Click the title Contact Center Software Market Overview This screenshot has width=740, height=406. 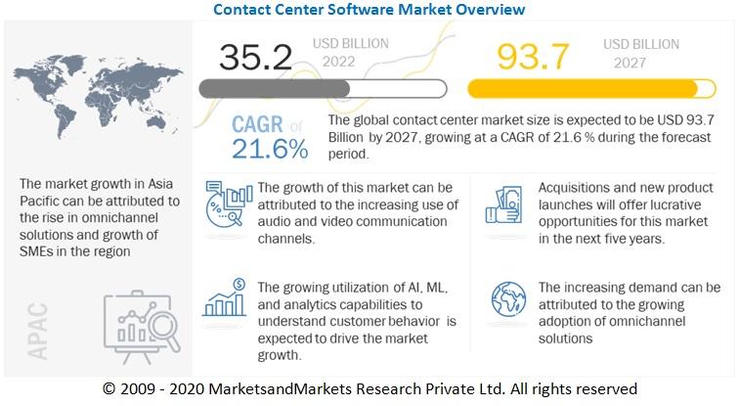370,10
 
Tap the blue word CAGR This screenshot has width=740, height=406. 257,125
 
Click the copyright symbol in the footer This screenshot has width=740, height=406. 109,387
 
